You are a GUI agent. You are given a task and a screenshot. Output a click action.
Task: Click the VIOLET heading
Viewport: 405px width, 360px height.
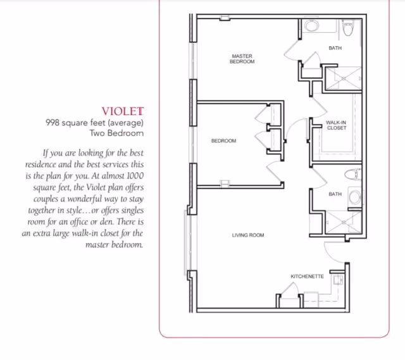coord(123,111)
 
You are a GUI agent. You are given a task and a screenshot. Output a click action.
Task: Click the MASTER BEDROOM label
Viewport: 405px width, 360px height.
coord(242,59)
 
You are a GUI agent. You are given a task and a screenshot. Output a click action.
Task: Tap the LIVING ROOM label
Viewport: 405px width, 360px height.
coord(247,235)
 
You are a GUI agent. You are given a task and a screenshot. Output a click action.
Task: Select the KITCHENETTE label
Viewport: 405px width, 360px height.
coord(307,276)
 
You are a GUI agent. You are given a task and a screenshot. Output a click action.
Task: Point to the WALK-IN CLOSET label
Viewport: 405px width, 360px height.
coord(336,125)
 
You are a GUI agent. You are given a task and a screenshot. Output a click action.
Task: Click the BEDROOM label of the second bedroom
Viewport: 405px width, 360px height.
coord(223,140)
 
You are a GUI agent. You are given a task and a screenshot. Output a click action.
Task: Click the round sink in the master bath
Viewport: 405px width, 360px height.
coord(311,27)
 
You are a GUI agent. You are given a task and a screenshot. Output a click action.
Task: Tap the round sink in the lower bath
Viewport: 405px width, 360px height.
coord(354,197)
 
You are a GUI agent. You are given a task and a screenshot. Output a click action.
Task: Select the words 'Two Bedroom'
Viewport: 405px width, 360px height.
coord(116,133)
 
